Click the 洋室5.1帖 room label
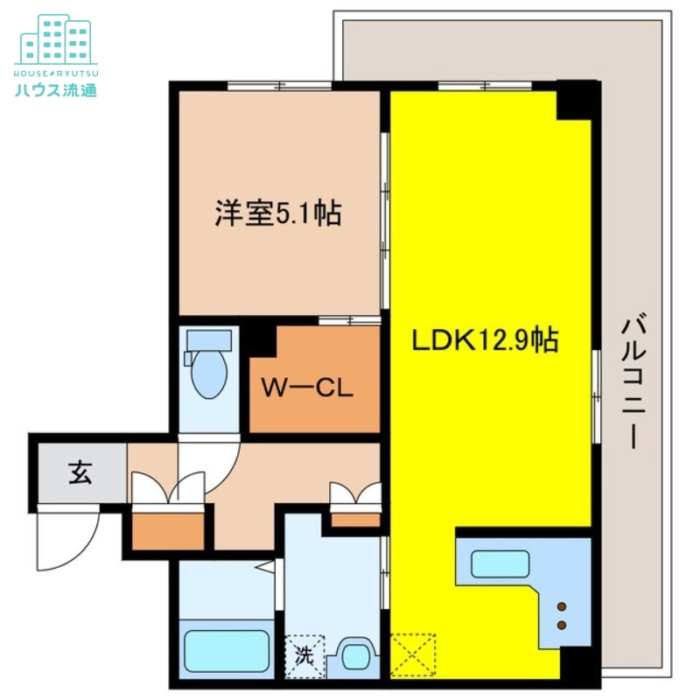[278, 213]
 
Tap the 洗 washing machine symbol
[304, 653]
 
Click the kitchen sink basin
[500, 564]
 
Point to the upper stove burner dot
[562, 607]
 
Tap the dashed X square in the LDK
[413, 654]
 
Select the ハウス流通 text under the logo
[55, 88]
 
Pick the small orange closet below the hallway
[166, 529]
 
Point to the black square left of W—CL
[258, 339]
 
